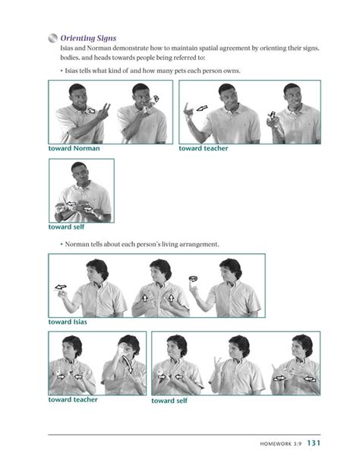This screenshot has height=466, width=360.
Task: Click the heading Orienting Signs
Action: [x=88, y=38]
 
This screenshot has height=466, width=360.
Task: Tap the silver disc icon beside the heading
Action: [x=52, y=38]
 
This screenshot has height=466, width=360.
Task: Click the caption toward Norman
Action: [x=74, y=148]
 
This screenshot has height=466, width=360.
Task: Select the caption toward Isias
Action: [x=68, y=322]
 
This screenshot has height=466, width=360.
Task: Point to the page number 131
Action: [x=314, y=443]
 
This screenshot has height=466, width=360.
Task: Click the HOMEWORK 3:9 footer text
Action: [x=281, y=444]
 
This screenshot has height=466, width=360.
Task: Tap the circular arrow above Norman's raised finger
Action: [x=194, y=279]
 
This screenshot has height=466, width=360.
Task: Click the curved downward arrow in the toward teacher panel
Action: [x=128, y=364]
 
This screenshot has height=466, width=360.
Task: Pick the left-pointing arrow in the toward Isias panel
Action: [x=61, y=287]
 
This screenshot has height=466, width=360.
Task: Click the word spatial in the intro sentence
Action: [x=208, y=48]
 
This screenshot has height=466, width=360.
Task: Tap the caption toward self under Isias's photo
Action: [x=66, y=227]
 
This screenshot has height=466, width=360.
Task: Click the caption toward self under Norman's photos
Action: [x=169, y=401]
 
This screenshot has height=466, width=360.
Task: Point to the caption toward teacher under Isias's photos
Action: [x=204, y=148]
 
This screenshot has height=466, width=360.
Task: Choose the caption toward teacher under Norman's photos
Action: [x=73, y=400]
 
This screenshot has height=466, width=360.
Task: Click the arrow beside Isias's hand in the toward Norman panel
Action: [x=91, y=110]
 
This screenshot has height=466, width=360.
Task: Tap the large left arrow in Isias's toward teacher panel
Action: [x=202, y=108]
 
